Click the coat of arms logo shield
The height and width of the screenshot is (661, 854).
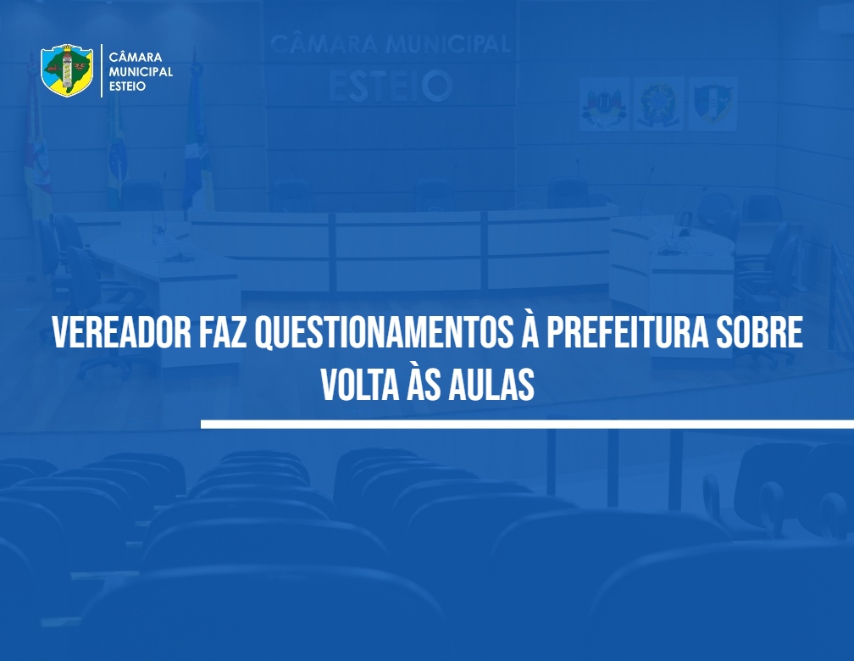[x=67, y=70]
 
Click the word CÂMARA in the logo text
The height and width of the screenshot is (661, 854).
[x=136, y=57]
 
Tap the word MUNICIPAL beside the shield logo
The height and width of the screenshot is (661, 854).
[x=141, y=71]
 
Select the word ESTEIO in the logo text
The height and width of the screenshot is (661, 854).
[x=127, y=86]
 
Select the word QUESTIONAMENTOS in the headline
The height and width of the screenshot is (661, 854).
[x=384, y=333]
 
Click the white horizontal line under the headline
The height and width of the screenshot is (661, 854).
[x=527, y=424]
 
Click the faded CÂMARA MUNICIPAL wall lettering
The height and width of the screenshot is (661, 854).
[x=390, y=44]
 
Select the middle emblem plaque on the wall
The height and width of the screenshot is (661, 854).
[x=658, y=104]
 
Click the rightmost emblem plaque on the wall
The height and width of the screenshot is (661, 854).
[x=713, y=104]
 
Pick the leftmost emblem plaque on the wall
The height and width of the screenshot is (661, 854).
[x=605, y=104]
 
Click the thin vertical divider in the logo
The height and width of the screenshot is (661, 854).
[x=102, y=71]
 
